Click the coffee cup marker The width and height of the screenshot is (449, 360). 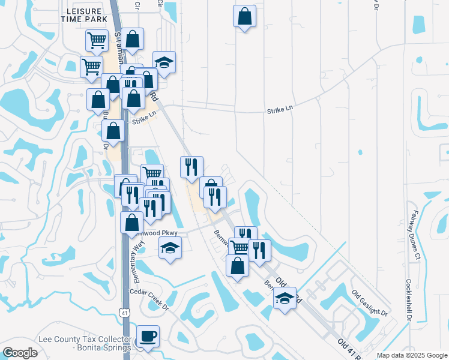(148, 336)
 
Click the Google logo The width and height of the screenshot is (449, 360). (20, 353)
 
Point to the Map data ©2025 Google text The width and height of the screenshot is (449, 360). (411, 355)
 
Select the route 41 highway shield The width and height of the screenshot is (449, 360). (124, 313)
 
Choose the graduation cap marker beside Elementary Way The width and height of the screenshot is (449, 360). (170, 247)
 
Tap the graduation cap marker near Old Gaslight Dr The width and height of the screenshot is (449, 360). (285, 298)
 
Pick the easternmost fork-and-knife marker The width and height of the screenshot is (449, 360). (259, 250)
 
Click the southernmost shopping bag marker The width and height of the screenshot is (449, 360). (238, 265)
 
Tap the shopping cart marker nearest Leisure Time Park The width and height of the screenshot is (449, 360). (97, 40)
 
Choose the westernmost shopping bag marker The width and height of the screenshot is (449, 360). (98, 100)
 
